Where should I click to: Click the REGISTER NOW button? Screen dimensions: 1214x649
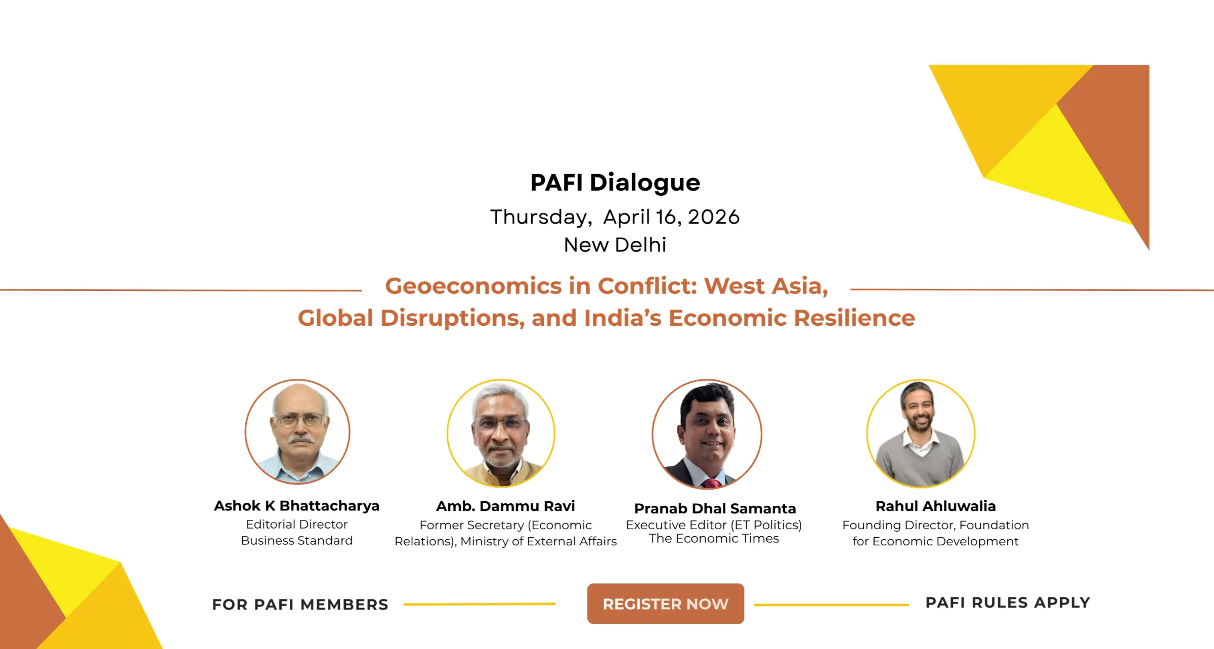(665, 603)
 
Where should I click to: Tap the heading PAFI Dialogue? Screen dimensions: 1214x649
(615, 183)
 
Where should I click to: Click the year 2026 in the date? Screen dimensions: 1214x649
(714, 217)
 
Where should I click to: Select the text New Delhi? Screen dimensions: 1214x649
(615, 245)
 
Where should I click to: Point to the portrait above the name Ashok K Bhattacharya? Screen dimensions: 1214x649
(297, 432)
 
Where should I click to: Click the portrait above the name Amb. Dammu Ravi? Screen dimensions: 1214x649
(501, 434)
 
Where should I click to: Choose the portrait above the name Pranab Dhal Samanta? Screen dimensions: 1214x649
(707, 434)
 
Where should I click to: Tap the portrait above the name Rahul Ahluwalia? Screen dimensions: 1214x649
(921, 434)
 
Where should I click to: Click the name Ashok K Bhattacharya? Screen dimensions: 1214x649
(297, 506)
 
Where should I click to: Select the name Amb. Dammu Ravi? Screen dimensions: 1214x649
(505, 506)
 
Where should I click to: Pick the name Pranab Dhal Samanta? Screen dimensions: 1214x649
(715, 508)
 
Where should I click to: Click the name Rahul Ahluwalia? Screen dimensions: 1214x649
(935, 506)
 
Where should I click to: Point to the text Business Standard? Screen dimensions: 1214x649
(297, 541)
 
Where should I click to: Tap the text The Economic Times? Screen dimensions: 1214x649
(714, 539)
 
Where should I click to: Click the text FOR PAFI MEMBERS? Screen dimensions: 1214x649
(300, 604)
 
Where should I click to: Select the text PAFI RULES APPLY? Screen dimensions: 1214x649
(1008, 602)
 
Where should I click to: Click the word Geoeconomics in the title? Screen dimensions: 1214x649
(473, 286)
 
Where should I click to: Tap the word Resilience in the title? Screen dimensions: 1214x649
(854, 318)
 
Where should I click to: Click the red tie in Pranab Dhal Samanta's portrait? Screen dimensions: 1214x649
(710, 484)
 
